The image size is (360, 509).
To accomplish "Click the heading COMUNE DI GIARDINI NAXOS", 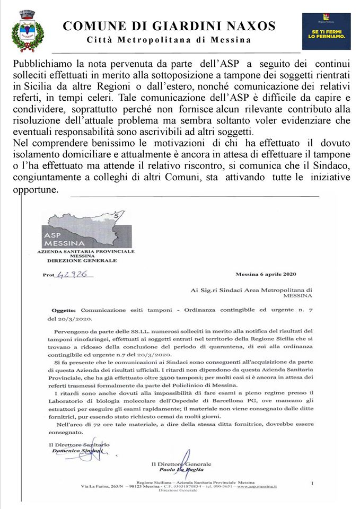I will pyautogui.click(x=169, y=25).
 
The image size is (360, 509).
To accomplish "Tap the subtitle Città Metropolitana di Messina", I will pyautogui.click(x=169, y=40).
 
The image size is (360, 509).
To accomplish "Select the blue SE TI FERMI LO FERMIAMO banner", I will pyautogui.click(x=326, y=31).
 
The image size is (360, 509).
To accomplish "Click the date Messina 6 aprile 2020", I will pyautogui.click(x=266, y=274).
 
